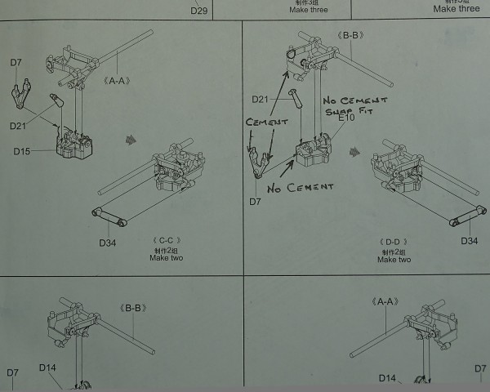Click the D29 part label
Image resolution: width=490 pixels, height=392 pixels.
click(199, 11)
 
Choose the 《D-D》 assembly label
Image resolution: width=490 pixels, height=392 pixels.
click(394, 242)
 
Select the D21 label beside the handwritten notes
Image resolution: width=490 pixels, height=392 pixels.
click(260, 99)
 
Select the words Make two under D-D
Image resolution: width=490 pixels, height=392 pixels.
click(394, 260)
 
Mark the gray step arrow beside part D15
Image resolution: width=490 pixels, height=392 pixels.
click(131, 140)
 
